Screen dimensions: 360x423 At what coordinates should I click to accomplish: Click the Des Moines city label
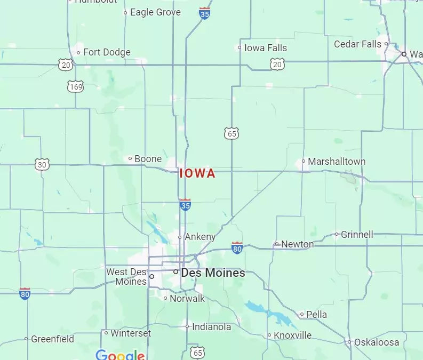pos(213,273)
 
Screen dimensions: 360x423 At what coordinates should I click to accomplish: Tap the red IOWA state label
pos(197,173)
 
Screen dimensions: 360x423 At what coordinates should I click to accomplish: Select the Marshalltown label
pos(337,161)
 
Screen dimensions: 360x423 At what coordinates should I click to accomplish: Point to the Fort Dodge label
pos(107,52)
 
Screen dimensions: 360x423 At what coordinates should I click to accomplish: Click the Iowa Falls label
pos(265,48)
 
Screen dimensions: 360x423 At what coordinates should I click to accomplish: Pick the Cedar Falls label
pos(357,44)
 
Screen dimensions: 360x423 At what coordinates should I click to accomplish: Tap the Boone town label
pos(148,159)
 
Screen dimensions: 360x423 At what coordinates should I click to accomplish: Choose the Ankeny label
pos(200,237)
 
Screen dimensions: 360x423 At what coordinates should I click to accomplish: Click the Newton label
pos(297,244)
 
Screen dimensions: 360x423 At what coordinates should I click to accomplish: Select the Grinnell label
pos(357,234)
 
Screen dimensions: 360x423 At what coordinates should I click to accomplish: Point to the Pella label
pos(316,315)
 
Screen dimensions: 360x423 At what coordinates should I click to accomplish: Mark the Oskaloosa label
pos(377,342)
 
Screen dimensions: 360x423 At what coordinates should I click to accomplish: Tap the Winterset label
pos(131,333)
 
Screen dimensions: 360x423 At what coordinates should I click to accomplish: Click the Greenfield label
pos(52,339)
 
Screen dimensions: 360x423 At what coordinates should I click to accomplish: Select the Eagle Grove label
pos(155,12)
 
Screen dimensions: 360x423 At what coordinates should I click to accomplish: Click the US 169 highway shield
pos(76,85)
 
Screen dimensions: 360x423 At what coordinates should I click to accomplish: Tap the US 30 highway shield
pos(43,165)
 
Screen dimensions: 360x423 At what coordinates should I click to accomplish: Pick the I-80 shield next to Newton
pos(237,247)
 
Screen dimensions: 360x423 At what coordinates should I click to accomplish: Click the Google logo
pos(120,355)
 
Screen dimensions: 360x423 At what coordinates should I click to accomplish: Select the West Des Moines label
pos(126,276)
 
